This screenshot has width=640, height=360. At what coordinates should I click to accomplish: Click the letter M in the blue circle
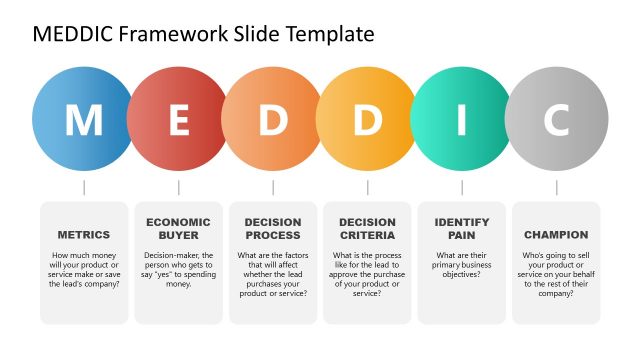(x=84, y=120)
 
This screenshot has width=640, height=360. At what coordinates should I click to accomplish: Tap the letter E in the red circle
(x=179, y=120)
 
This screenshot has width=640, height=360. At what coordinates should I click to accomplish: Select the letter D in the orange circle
(x=273, y=120)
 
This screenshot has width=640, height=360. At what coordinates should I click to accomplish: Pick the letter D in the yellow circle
(x=367, y=120)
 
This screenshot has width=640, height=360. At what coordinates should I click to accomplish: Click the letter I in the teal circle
(x=461, y=120)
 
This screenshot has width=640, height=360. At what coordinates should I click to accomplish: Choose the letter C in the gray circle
(x=556, y=120)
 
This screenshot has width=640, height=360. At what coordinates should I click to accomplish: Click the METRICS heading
(x=84, y=235)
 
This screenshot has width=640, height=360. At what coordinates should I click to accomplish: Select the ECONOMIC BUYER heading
(x=178, y=228)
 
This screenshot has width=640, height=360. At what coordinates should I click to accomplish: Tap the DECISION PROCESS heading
(x=273, y=228)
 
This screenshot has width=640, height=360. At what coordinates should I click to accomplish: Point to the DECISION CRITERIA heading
(x=367, y=228)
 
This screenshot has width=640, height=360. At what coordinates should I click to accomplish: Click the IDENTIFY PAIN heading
(x=461, y=228)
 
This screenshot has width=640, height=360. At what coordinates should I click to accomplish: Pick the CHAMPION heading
(x=556, y=235)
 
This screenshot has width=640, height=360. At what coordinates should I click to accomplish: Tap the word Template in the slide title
(x=331, y=35)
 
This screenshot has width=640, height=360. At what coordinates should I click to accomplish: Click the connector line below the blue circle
(x=84, y=187)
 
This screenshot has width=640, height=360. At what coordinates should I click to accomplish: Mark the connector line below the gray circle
(x=556, y=187)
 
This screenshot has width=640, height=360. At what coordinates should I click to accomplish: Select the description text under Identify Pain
(x=461, y=263)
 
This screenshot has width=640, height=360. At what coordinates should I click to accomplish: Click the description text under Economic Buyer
(x=178, y=270)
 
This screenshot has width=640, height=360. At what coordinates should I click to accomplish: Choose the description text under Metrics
(x=84, y=270)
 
